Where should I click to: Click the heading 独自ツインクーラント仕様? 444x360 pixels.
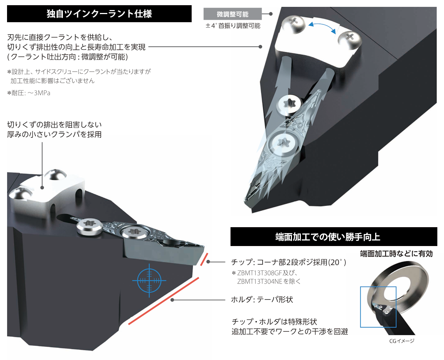pos(99,14)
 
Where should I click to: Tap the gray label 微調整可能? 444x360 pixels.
pos(232,14)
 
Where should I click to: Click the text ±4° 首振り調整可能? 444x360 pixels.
pos(233,26)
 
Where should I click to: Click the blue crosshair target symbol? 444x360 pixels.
pos(149,280)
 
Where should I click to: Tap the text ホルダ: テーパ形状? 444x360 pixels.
pos(262,299)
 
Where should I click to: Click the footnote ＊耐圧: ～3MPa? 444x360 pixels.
pos(29,93)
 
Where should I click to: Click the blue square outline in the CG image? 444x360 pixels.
pos(378,307)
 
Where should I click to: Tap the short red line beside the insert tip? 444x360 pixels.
pos(204,259)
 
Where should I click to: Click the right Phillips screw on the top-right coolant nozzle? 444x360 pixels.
pos(349,37)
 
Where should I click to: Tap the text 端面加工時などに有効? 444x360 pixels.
pos(396,254)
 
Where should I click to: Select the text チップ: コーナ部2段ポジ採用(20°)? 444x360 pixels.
pos(289,262)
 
